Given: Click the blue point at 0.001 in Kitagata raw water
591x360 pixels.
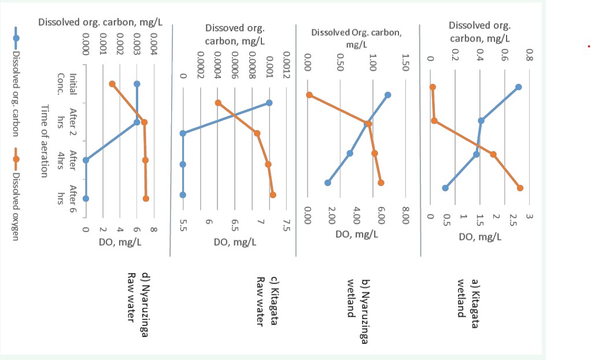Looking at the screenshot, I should click(x=269, y=103).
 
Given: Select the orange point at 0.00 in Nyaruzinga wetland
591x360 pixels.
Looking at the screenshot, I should click(x=309, y=95).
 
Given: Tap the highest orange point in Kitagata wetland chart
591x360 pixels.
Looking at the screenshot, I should click(x=520, y=188).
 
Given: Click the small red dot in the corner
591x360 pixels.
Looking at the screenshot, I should click(x=588, y=46).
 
